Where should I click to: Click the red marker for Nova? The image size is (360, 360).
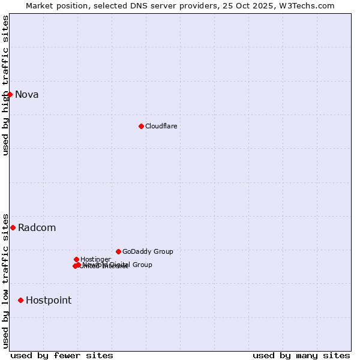click(x=10, y=94)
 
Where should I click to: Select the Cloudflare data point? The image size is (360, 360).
click(x=141, y=126)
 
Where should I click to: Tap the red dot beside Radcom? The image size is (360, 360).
click(x=13, y=227)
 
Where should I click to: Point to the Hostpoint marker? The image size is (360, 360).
click(x=20, y=300)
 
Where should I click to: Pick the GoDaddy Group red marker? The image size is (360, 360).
click(x=118, y=251)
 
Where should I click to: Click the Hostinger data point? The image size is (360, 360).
click(x=76, y=259)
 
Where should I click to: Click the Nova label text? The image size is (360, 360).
click(x=26, y=94)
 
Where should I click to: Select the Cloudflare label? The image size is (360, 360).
click(x=161, y=126)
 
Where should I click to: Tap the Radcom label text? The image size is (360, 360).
click(x=37, y=227)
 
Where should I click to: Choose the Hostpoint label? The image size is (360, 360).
click(x=48, y=300)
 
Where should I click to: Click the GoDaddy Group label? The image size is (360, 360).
click(x=148, y=251)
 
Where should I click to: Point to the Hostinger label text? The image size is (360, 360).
click(x=95, y=259)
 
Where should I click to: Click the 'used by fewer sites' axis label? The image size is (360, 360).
click(x=62, y=355)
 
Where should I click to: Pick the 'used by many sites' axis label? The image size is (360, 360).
click(x=301, y=355)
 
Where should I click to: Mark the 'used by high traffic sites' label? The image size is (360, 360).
click(x=5, y=85)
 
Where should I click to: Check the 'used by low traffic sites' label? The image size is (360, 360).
click(x=5, y=280)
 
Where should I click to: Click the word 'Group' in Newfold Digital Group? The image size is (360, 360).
click(x=142, y=265)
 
